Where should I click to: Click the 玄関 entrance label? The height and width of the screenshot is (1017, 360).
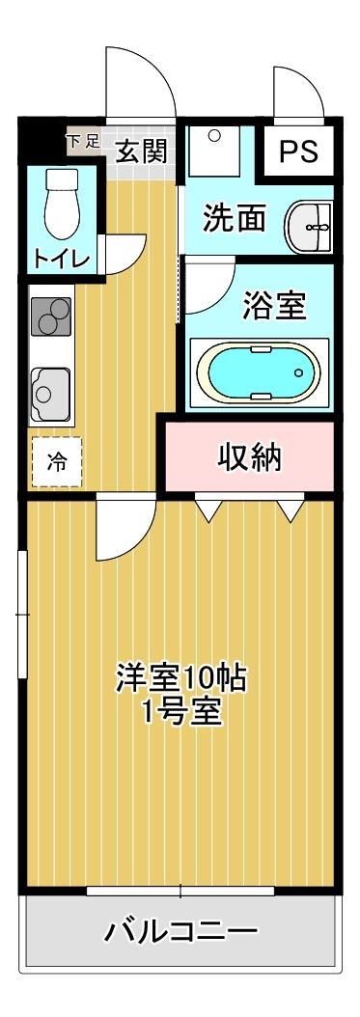pyautogui.click(x=142, y=150)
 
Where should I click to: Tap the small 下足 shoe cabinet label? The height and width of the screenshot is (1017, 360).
pyautogui.click(x=82, y=141)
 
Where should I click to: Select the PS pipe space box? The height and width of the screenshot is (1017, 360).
pyautogui.click(x=298, y=152)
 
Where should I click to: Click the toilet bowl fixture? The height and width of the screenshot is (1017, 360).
pyautogui.click(x=63, y=203)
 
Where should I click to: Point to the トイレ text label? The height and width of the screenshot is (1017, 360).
pyautogui.click(x=62, y=259)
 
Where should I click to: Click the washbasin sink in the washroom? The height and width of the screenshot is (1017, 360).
pyautogui.click(x=309, y=227)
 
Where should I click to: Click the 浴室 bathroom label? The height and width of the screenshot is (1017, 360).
pyautogui.click(x=273, y=307)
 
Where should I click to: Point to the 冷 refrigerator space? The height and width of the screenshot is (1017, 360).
pyautogui.click(x=55, y=461)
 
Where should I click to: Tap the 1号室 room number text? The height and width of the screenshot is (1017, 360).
pyautogui.click(x=181, y=714)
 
